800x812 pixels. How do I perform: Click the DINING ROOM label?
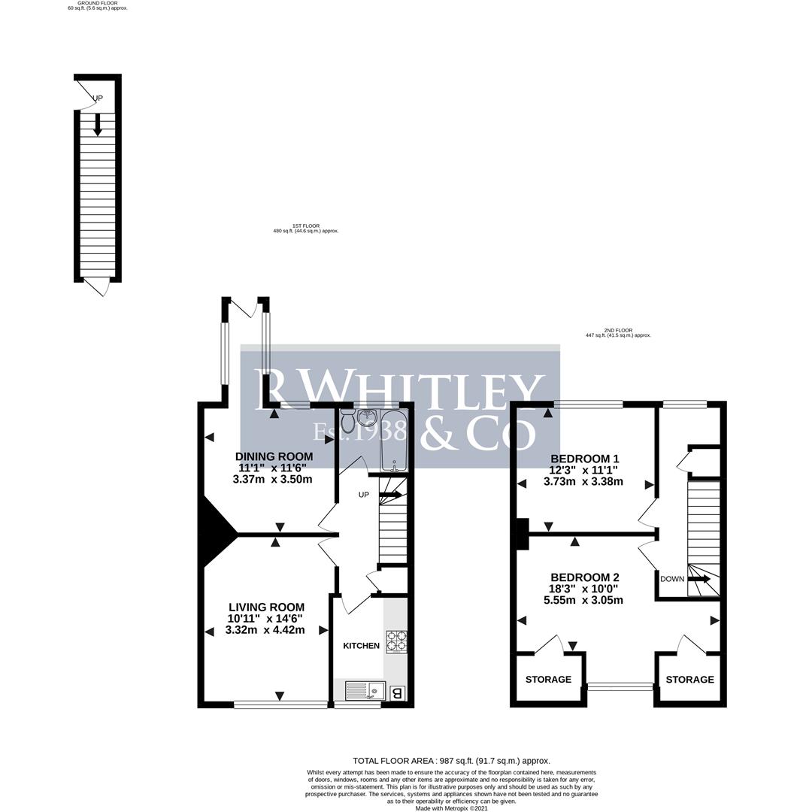coord(274,456)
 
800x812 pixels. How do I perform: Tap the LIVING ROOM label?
coord(266,607)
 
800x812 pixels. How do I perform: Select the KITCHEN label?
coord(361,646)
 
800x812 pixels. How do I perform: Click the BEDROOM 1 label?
coord(585,459)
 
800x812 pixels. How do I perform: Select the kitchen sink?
coord(365,690)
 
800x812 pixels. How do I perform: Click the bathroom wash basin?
coord(368,418)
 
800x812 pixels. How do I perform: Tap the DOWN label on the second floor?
coord(672,579)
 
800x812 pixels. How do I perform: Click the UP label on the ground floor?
coord(98,98)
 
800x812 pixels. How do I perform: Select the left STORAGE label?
coord(548,680)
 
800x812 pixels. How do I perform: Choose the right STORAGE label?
coord(690,680)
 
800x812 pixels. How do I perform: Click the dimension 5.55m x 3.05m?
coord(583,600)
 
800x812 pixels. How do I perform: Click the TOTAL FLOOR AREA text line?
coord(451,761)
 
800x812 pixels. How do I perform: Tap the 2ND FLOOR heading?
coord(618,332)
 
